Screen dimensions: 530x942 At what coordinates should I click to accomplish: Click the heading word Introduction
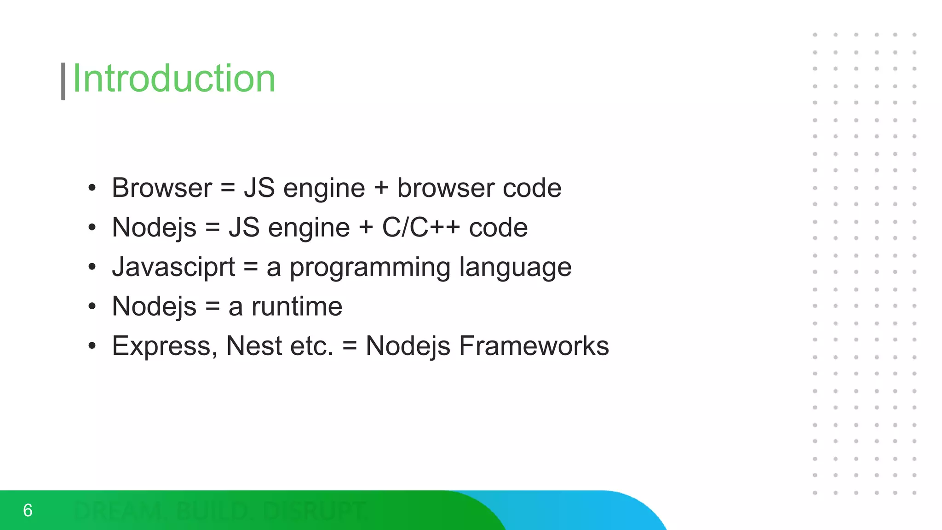point(174,79)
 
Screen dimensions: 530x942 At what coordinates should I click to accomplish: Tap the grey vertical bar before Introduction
point(63,81)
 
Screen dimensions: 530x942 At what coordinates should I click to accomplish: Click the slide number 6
point(28,510)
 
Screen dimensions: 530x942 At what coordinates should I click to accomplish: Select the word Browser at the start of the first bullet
point(162,188)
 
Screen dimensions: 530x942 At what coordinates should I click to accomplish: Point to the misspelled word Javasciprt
point(173,267)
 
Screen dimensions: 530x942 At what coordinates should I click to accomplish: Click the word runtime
point(297,306)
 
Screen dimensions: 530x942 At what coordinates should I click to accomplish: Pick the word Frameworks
point(534,346)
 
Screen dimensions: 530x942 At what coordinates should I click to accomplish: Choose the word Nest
point(254,346)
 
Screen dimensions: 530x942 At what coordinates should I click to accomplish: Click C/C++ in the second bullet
point(421,227)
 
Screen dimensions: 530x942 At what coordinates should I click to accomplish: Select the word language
point(515,268)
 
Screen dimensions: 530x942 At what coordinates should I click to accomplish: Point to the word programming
point(370,268)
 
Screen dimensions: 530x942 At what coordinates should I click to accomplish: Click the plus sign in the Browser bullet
point(381,189)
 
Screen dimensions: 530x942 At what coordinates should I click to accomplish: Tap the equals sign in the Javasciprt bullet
point(251,267)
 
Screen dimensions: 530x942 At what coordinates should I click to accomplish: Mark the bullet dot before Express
point(92,346)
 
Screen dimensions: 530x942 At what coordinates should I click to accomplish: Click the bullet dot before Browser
point(92,188)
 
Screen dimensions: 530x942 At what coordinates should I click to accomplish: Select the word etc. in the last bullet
point(311,346)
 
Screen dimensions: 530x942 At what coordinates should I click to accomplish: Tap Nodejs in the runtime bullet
point(154,306)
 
